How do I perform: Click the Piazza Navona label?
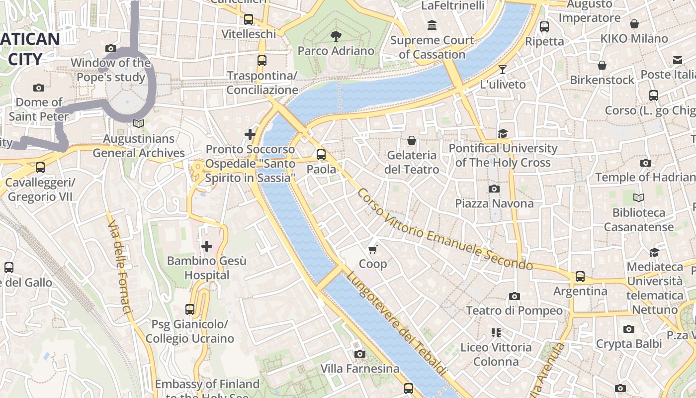click(x=494, y=203)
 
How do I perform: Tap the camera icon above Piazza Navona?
click(x=494, y=189)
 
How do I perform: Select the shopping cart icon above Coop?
click(x=373, y=249)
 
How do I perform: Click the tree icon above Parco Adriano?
click(x=336, y=36)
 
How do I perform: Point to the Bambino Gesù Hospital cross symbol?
click(x=207, y=246)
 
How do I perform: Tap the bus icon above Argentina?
click(x=580, y=277)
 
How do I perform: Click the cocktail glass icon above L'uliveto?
click(x=503, y=70)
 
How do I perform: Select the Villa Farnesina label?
click(x=360, y=369)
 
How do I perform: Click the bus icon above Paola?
click(x=321, y=155)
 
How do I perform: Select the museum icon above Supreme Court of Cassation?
click(x=432, y=25)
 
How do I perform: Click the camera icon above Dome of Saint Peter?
click(x=39, y=88)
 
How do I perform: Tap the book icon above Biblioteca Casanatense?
click(x=639, y=198)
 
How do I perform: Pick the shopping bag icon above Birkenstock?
click(x=602, y=65)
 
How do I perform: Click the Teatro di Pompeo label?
click(x=514, y=311)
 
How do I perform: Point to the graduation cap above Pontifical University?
click(x=503, y=133)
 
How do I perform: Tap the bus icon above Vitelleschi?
click(x=249, y=19)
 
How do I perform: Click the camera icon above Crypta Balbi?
click(x=629, y=329)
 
